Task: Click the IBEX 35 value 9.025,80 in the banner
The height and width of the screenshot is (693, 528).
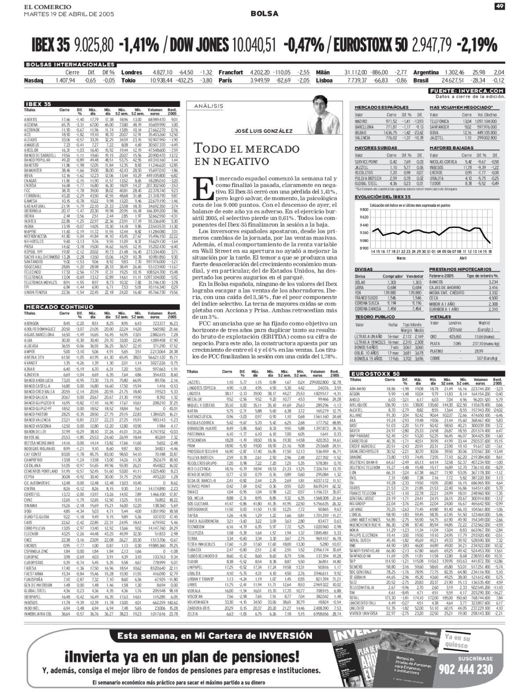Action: pos(94,44)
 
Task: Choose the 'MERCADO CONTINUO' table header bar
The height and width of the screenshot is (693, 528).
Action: pos(53,307)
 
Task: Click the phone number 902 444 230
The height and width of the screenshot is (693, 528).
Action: pos(466,669)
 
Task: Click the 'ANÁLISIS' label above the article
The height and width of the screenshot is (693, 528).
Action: pos(212,106)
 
